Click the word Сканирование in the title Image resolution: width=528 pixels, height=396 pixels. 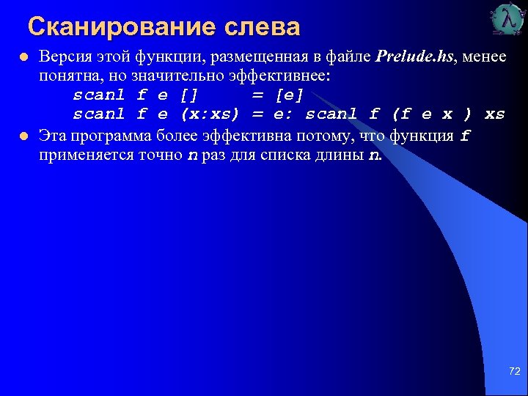click(122, 27)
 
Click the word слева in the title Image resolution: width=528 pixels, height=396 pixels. click(262, 27)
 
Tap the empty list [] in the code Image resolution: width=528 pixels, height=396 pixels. click(189, 95)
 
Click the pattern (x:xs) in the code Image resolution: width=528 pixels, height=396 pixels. click(210, 114)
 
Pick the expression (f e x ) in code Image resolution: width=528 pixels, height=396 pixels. click(432, 114)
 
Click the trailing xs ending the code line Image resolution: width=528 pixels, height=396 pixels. click(495, 114)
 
